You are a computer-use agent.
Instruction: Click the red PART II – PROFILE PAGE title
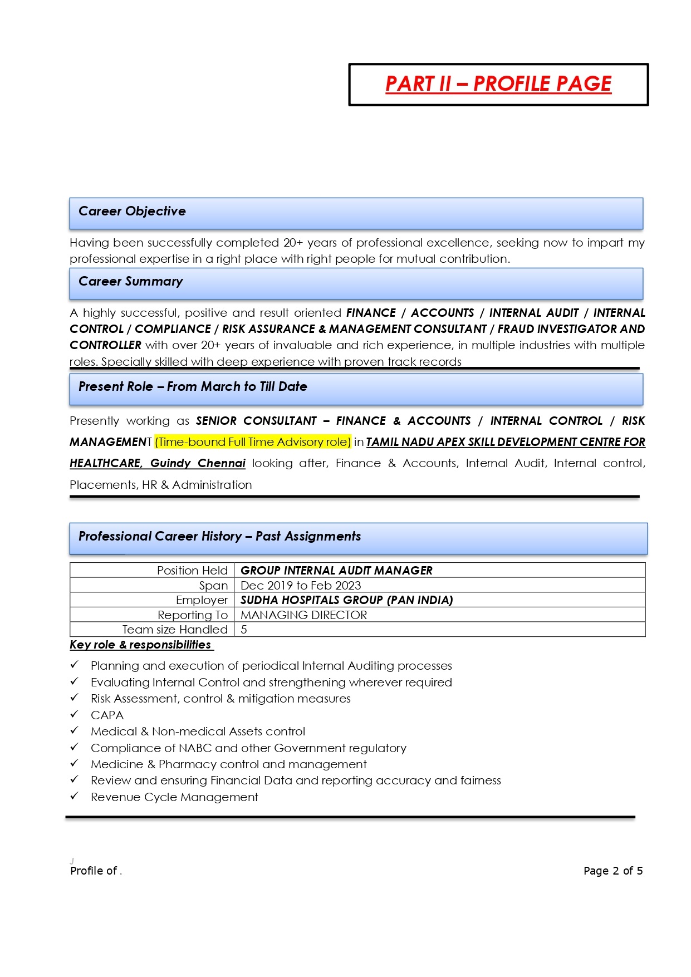click(498, 84)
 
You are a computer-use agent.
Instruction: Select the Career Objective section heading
click(132, 212)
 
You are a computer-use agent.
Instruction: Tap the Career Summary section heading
click(130, 282)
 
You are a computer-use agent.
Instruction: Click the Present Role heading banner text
click(193, 387)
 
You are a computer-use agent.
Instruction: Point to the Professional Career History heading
click(219, 537)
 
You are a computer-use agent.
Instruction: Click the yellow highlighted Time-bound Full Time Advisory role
click(253, 442)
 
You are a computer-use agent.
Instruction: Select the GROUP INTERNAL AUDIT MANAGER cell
click(336, 571)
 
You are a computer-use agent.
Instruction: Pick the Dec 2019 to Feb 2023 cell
click(301, 586)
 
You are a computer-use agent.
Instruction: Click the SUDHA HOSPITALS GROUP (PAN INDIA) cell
click(346, 600)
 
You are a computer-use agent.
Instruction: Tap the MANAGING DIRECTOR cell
click(303, 615)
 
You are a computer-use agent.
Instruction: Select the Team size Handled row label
click(175, 630)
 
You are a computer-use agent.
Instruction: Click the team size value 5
click(244, 630)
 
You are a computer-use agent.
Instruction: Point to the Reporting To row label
click(193, 615)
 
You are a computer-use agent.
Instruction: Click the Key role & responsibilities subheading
click(140, 645)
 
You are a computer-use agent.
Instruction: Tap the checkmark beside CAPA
click(74, 714)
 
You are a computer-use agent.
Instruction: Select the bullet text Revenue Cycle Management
click(174, 797)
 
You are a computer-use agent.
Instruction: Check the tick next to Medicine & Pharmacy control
click(74, 763)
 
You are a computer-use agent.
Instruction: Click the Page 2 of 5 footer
click(612, 871)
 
